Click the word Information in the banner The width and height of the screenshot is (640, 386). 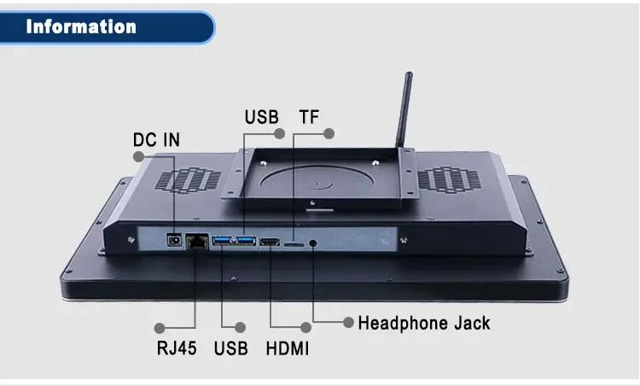coord(81,26)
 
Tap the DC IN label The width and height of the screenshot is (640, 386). coord(156,139)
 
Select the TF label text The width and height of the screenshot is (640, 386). coord(308,116)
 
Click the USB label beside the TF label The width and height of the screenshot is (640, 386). coord(261,116)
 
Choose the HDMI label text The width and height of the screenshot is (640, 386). coord(288,348)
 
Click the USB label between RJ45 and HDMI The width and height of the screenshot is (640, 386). coord(230,348)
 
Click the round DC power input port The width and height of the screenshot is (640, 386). coord(176,242)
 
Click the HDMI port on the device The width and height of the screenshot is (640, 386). coord(271,243)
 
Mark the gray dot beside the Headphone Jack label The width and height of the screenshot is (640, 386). coord(348,322)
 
